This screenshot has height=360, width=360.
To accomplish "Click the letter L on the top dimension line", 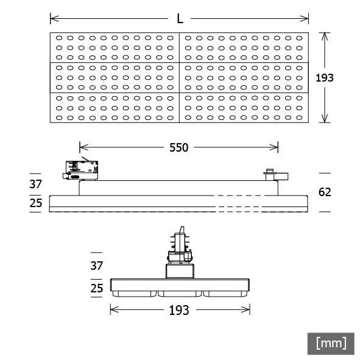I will (180, 18).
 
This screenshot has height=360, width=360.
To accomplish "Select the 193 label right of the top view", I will (325, 78).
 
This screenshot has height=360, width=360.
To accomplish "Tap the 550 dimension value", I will (178, 147).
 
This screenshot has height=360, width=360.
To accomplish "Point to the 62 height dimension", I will (325, 192).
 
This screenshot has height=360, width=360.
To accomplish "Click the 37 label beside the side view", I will (36, 184).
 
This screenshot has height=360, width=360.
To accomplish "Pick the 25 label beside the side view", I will (36, 203).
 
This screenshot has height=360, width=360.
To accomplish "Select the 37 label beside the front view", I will (97, 266).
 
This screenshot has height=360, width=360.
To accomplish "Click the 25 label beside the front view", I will (97, 288).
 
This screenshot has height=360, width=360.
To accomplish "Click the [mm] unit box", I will (331, 343).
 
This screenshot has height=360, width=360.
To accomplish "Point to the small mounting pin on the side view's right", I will (269, 174).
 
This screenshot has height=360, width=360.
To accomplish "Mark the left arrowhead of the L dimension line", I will (52, 18).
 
